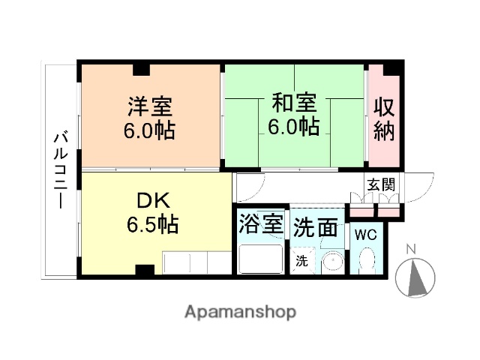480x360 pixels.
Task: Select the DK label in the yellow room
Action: point(153,200)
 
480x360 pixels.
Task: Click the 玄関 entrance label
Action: point(380,184)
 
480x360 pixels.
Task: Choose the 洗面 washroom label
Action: point(315,226)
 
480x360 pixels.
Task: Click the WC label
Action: point(365,235)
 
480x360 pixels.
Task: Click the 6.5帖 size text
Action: point(152,223)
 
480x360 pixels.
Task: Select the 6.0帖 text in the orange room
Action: point(149,130)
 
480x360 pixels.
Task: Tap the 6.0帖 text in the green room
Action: point(293,125)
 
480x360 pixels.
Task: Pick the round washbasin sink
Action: point(331,263)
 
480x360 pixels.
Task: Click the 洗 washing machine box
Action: point(301,262)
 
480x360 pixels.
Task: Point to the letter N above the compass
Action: point(410,249)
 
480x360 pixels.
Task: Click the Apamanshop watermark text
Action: point(239,311)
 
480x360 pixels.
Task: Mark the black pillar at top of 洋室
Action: point(142,70)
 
